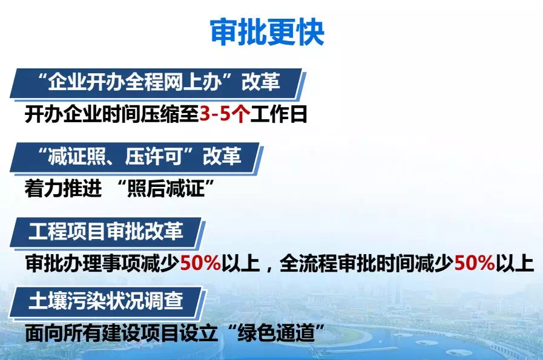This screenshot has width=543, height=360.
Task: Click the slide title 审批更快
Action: (x=267, y=31)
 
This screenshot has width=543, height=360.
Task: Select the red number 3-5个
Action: (x=225, y=114)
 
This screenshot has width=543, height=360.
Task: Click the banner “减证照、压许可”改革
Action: (x=136, y=157)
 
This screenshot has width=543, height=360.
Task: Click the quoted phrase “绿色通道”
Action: (x=283, y=333)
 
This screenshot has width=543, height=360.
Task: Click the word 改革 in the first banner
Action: (x=262, y=83)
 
